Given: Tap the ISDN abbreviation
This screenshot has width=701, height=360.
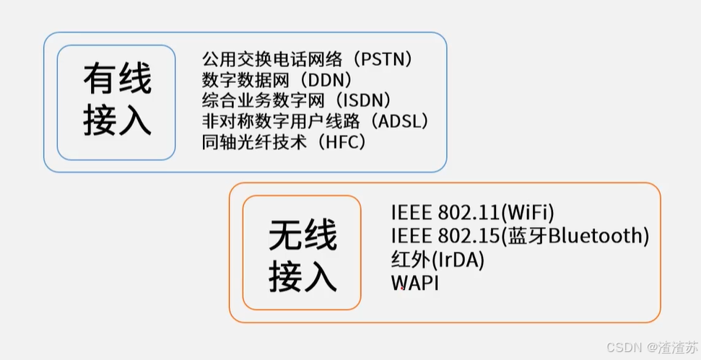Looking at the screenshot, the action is [x=364, y=100].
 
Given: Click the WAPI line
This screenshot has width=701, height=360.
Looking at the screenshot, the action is [x=414, y=283].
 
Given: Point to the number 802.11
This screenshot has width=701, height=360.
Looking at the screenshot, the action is [x=468, y=213].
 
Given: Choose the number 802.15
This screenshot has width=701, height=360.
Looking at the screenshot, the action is [x=468, y=236].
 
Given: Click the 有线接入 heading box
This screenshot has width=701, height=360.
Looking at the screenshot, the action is [x=116, y=102].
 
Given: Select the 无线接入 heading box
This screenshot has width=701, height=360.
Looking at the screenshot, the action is [x=302, y=253].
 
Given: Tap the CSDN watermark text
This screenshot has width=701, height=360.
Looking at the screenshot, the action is [x=624, y=347].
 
